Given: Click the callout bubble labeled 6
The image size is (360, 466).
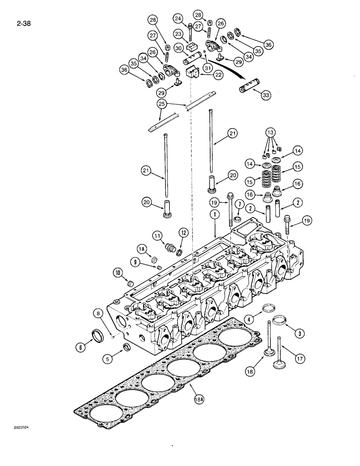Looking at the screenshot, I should coord(80,347).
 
